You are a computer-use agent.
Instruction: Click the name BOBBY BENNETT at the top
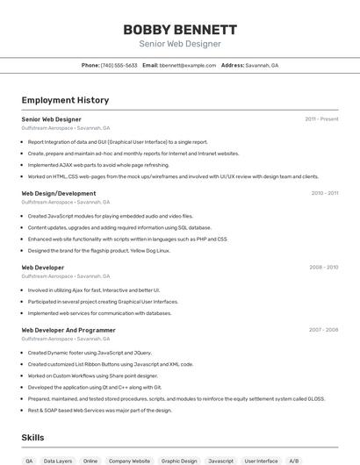tap(180, 29)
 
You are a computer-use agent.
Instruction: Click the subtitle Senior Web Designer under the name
tap(180, 44)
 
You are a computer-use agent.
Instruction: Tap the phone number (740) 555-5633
tap(119, 65)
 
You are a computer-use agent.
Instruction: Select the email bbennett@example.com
tap(188, 65)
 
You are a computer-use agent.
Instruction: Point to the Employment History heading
tap(65, 100)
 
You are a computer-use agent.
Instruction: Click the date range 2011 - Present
tap(321, 118)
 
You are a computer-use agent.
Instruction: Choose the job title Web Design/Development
tap(59, 193)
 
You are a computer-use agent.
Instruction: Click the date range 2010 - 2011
tap(324, 193)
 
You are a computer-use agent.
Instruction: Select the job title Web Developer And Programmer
tap(68, 330)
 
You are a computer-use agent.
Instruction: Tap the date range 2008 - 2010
tap(324, 267)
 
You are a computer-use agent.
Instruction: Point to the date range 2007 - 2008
tap(323, 330)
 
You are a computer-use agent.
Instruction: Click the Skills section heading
tap(33, 436)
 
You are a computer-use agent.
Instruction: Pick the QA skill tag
tap(29, 461)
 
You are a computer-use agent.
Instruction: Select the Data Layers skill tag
tap(58, 461)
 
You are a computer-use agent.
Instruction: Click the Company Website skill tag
tap(129, 461)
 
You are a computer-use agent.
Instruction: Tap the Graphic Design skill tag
tap(179, 461)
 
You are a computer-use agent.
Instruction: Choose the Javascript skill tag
tap(220, 461)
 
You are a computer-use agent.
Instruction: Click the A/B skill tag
tap(294, 461)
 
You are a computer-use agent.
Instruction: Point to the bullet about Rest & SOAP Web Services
tap(99, 410)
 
